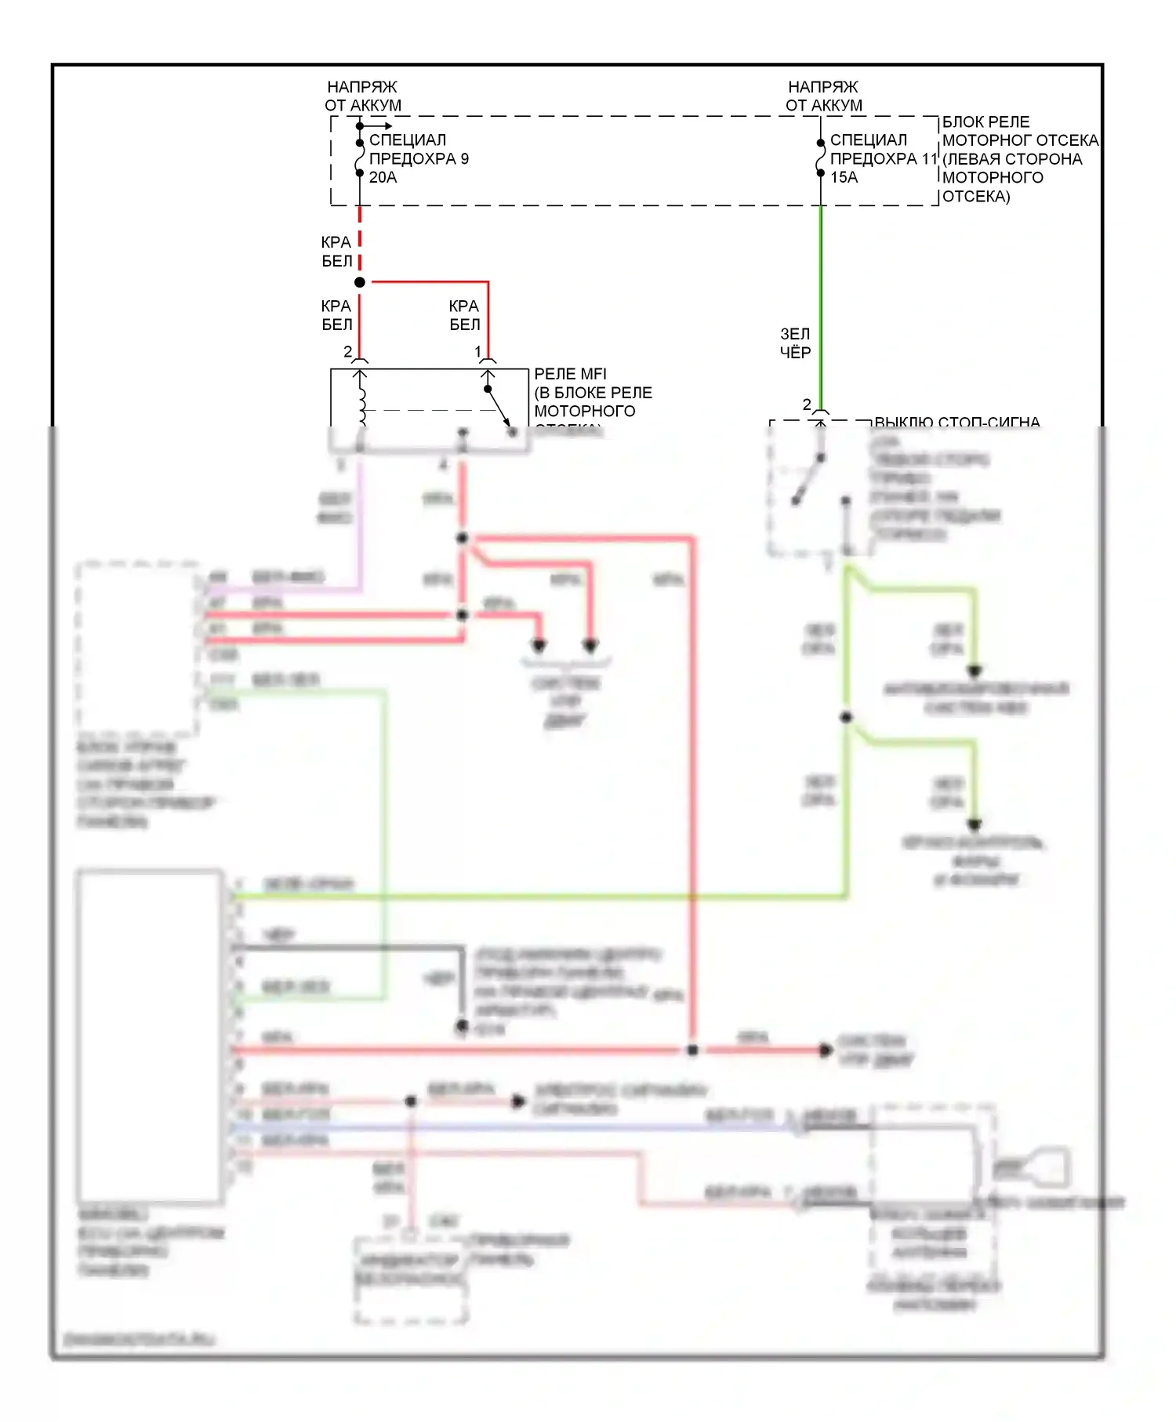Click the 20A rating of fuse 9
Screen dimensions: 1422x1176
tap(383, 178)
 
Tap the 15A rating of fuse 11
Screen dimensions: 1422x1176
tap(844, 178)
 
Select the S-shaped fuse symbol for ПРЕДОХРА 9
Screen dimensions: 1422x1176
tap(360, 158)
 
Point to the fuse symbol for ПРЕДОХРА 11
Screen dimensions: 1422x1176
tap(820, 158)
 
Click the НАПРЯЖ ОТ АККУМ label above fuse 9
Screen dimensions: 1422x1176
tap(363, 96)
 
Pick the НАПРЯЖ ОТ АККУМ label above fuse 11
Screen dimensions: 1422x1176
tap(823, 96)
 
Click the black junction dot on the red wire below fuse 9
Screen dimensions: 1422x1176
tap(360, 282)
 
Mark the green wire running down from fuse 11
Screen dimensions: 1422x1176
tap(820, 306)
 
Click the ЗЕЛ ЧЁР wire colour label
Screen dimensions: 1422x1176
tap(795, 343)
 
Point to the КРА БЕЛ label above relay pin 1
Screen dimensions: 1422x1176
tap(464, 315)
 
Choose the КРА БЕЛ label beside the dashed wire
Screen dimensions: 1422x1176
tap(336, 252)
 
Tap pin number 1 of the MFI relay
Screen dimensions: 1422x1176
tap(478, 352)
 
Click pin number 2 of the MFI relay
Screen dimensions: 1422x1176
tap(347, 352)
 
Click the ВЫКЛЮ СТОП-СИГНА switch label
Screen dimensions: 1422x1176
tap(956, 423)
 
